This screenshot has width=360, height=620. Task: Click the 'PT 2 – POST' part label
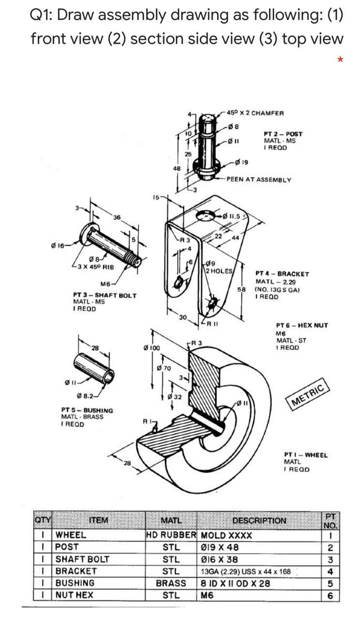pyautogui.click(x=282, y=134)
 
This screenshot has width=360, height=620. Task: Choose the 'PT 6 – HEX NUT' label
pyautogui.click(x=301, y=325)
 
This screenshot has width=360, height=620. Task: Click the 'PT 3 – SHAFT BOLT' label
pyautogui.click(x=105, y=295)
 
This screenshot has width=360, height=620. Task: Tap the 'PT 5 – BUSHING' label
pyautogui.click(x=87, y=410)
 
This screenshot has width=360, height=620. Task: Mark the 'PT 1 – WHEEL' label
pyautogui.click(x=305, y=455)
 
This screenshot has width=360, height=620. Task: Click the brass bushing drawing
pyautogui.click(x=94, y=368)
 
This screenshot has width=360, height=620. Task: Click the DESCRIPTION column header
pyautogui.click(x=259, y=520)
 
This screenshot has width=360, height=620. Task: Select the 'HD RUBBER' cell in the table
pyautogui.click(x=171, y=535)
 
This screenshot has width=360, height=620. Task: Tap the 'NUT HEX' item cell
pyautogui.click(x=75, y=595)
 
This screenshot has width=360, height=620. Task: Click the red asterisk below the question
pyautogui.click(x=341, y=60)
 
